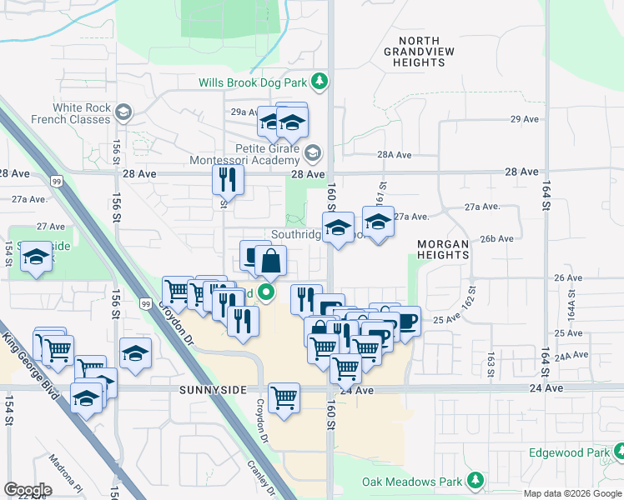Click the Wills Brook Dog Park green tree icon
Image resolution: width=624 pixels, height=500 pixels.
click(x=319, y=82)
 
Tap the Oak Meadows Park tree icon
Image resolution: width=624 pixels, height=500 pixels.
click(x=476, y=481)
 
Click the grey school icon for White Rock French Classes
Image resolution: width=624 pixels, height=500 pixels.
click(x=123, y=112)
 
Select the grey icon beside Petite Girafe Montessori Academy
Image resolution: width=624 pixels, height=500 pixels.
click(x=312, y=153)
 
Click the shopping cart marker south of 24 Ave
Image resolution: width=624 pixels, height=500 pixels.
click(x=284, y=397)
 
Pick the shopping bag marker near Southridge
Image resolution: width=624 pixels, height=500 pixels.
click(x=270, y=259)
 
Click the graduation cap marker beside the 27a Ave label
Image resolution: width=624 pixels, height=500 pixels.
click(x=378, y=222)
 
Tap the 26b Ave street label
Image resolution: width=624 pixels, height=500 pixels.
click(x=496, y=238)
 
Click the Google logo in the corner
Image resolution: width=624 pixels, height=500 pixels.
click(x=28, y=490)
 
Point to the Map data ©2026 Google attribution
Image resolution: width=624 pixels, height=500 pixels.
click(x=571, y=493)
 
